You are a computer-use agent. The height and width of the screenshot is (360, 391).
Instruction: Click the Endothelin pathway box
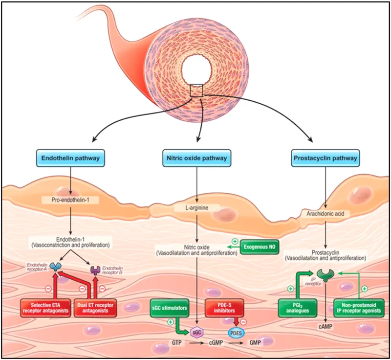pyautogui.click(x=71, y=158)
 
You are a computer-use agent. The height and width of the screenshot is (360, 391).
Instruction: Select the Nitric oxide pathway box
pyautogui.click(x=195, y=158)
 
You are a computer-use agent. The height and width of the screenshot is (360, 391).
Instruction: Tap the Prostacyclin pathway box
pyautogui.click(x=325, y=158)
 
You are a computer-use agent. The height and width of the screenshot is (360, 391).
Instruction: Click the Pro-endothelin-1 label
pyautogui.click(x=71, y=200)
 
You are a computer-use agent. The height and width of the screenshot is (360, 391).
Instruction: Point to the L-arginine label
pyautogui.click(x=195, y=208)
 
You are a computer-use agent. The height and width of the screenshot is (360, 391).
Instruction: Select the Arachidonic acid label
pyautogui.click(x=326, y=213)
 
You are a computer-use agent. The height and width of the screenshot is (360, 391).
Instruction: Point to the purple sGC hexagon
pyautogui.click(x=195, y=331)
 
